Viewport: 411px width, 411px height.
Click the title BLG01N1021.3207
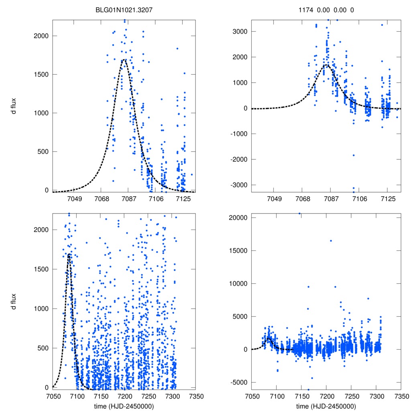pos(124,10)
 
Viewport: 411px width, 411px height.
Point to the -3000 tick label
pos(236,185)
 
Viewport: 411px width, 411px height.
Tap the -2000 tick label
pos(236,159)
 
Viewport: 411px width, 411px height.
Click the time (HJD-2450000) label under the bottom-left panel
pos(124,406)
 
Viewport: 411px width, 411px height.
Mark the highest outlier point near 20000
pos(299,214)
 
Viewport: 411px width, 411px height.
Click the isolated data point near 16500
pos(331,241)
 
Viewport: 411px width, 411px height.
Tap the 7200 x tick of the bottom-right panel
pos(326,395)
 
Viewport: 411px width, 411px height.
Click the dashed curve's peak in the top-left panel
pos(124,59)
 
